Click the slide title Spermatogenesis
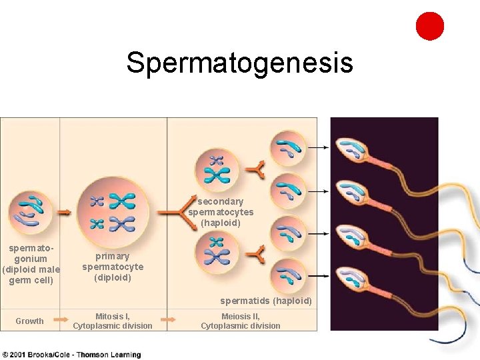pyautogui.click(x=239, y=63)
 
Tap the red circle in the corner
pyautogui.click(x=430, y=26)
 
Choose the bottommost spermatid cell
pyautogui.click(x=289, y=275)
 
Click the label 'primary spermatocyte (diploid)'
pyautogui.click(x=113, y=267)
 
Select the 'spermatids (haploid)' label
pyautogui.click(x=266, y=301)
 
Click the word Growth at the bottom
pyautogui.click(x=29, y=321)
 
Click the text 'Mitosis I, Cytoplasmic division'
pyautogui.click(x=113, y=321)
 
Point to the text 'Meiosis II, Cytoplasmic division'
pyautogui.click(x=241, y=321)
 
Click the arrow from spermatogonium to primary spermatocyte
pyautogui.click(x=65, y=212)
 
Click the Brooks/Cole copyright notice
pyautogui.click(x=71, y=355)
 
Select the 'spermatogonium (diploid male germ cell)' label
pyautogui.click(x=31, y=264)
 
